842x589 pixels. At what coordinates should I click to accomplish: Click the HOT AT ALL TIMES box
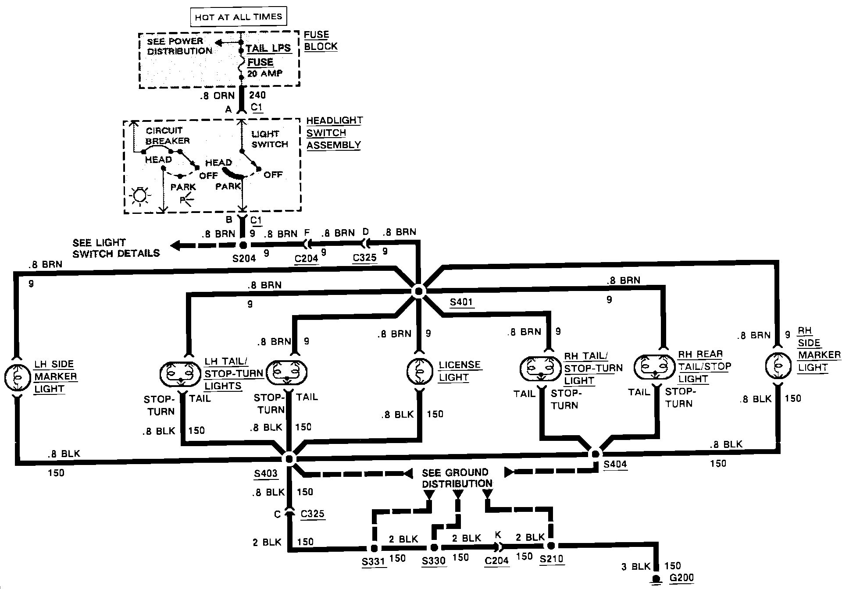click(x=238, y=17)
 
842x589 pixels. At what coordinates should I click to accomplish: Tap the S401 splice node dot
click(x=418, y=291)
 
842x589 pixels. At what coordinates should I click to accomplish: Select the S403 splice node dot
click(x=289, y=458)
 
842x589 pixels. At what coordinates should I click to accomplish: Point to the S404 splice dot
click(x=595, y=454)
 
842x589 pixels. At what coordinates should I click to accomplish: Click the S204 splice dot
click(x=244, y=245)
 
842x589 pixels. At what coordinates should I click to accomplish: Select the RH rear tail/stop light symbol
click(x=654, y=366)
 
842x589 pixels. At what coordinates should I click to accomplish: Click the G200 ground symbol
click(x=656, y=579)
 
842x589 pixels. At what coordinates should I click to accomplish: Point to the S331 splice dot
click(x=374, y=548)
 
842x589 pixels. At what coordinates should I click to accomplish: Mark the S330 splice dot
click(x=434, y=547)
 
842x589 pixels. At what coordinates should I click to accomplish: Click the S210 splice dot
click(x=551, y=546)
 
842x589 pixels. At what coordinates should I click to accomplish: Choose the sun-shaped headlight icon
click(x=140, y=195)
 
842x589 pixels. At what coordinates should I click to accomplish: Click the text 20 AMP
click(x=265, y=74)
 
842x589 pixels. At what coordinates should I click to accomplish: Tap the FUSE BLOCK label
click(x=321, y=40)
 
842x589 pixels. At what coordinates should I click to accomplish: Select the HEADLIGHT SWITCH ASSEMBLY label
click(x=334, y=133)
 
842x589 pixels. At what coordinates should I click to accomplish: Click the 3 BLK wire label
click(x=636, y=566)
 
